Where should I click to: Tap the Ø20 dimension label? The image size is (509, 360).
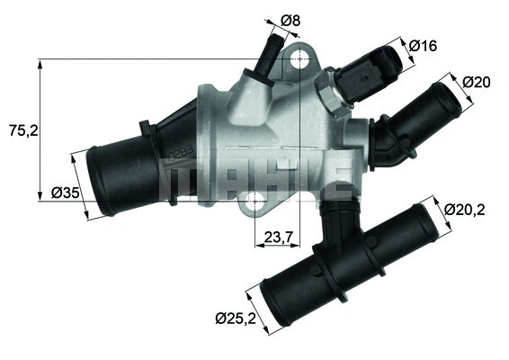coord(476,82)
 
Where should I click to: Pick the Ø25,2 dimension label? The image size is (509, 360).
coord(236,317)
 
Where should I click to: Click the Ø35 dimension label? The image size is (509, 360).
coord(67,192)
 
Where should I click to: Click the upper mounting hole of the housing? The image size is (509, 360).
coord(300,61)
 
